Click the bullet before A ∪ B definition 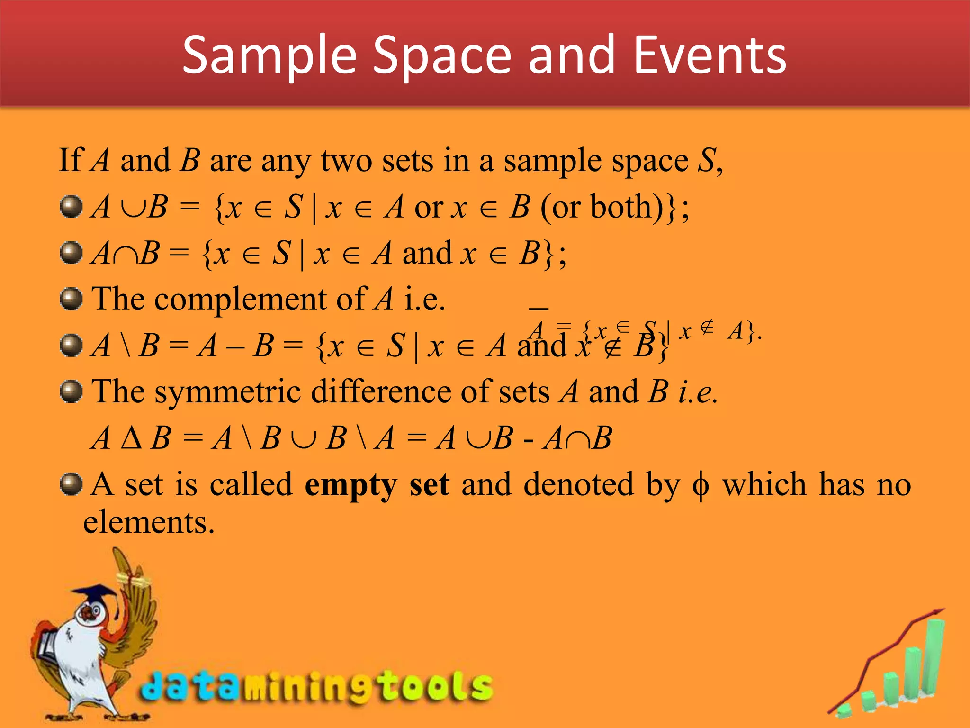(x=72, y=207)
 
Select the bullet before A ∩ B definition (x=72, y=253)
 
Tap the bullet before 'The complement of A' (x=72, y=299)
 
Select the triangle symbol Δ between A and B (x=131, y=438)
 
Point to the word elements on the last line (x=149, y=523)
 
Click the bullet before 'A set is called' (x=72, y=484)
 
